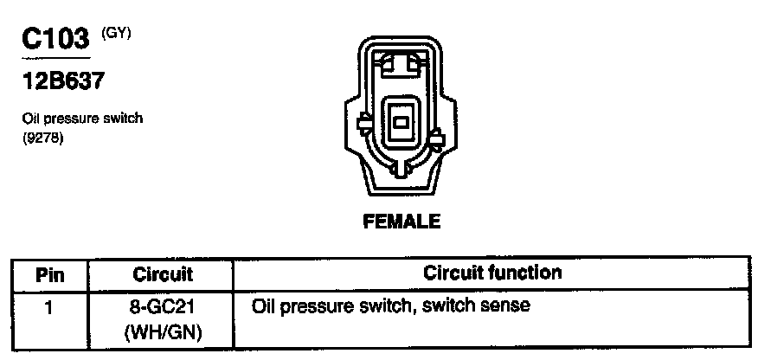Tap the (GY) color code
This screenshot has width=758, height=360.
tap(115, 34)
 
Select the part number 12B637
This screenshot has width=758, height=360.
tap(64, 82)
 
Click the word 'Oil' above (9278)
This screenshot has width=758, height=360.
tap(31, 119)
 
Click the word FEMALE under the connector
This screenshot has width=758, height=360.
tap(401, 222)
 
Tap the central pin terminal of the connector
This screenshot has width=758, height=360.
tap(401, 122)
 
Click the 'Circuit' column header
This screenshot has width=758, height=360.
tap(163, 275)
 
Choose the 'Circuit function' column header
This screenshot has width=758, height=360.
tap(492, 273)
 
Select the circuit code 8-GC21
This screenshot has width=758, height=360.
tap(163, 306)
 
